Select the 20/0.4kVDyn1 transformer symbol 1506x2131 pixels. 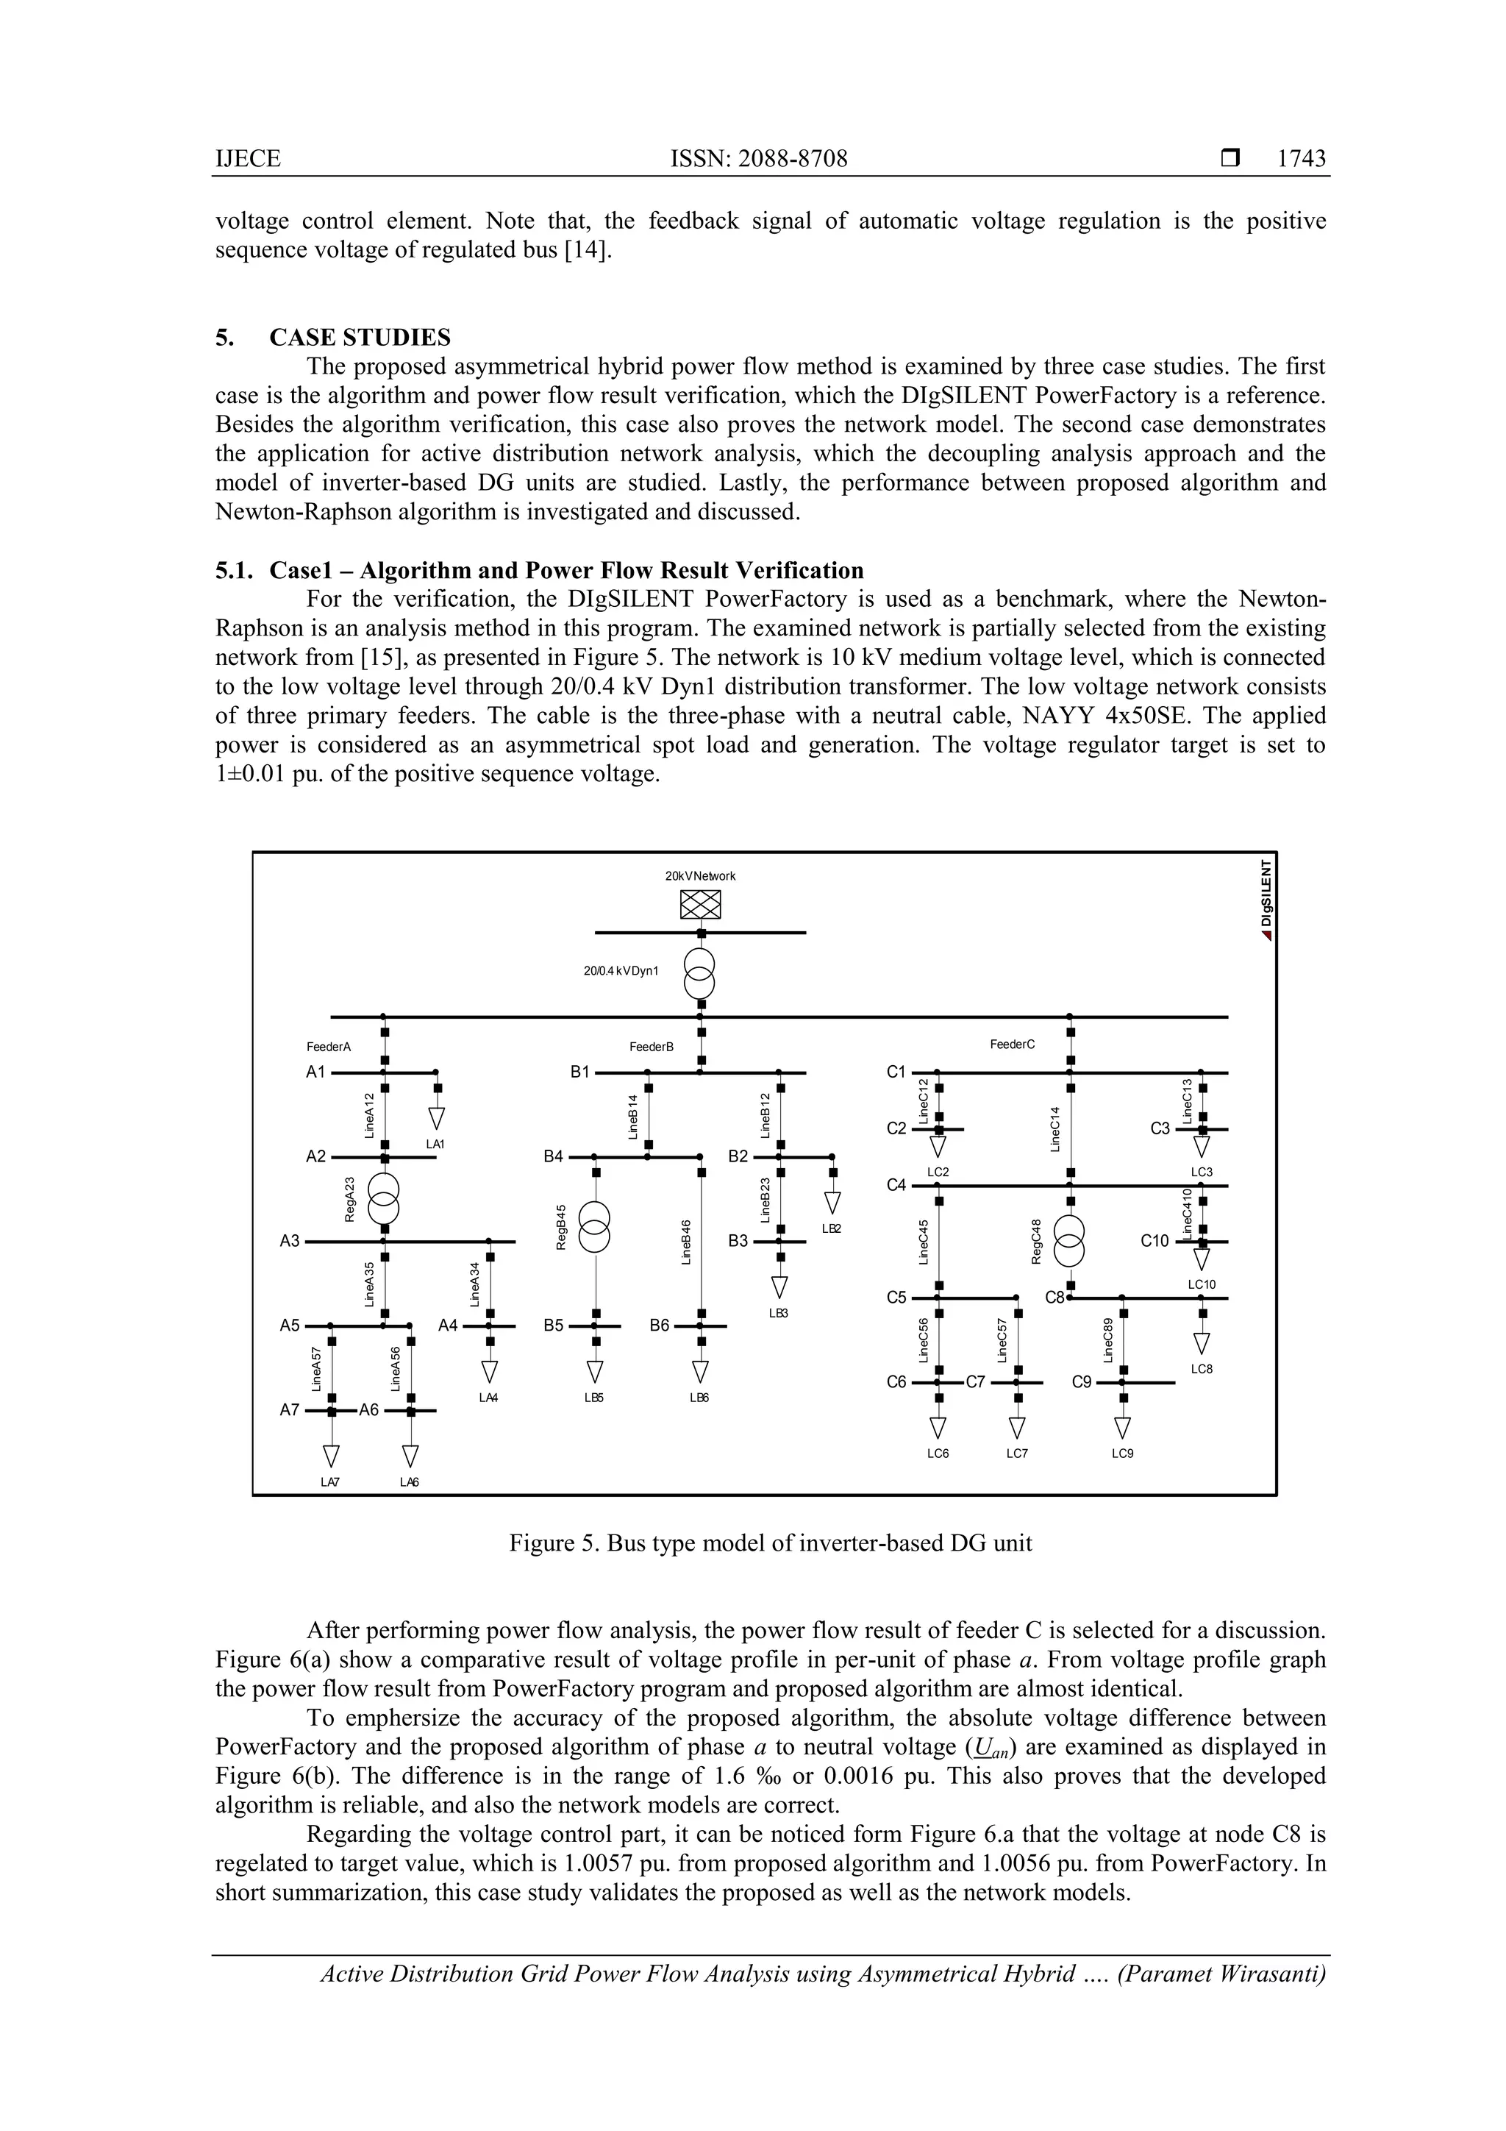pos(701,972)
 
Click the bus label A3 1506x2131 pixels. pos(290,1241)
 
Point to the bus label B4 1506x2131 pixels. pos(554,1156)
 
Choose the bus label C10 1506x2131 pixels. pos(1155,1241)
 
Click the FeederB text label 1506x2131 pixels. pos(651,1047)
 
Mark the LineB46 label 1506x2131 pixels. pos(687,1241)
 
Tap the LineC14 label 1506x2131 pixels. pos(1055,1128)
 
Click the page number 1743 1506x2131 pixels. pos(1301,159)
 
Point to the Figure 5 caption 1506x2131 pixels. pos(770,1543)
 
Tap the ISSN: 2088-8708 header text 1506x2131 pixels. pos(758,159)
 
